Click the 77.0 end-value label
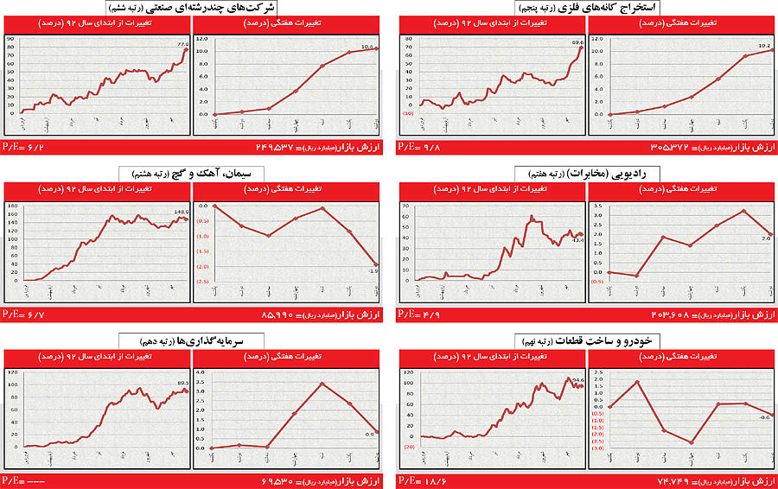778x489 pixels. pos(182,44)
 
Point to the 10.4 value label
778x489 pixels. pos(367,47)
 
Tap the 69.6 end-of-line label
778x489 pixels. pos(577,41)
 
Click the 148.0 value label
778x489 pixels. pos(181,210)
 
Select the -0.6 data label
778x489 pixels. pos(764,418)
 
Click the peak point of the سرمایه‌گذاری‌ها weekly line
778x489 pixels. pos(322,384)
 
